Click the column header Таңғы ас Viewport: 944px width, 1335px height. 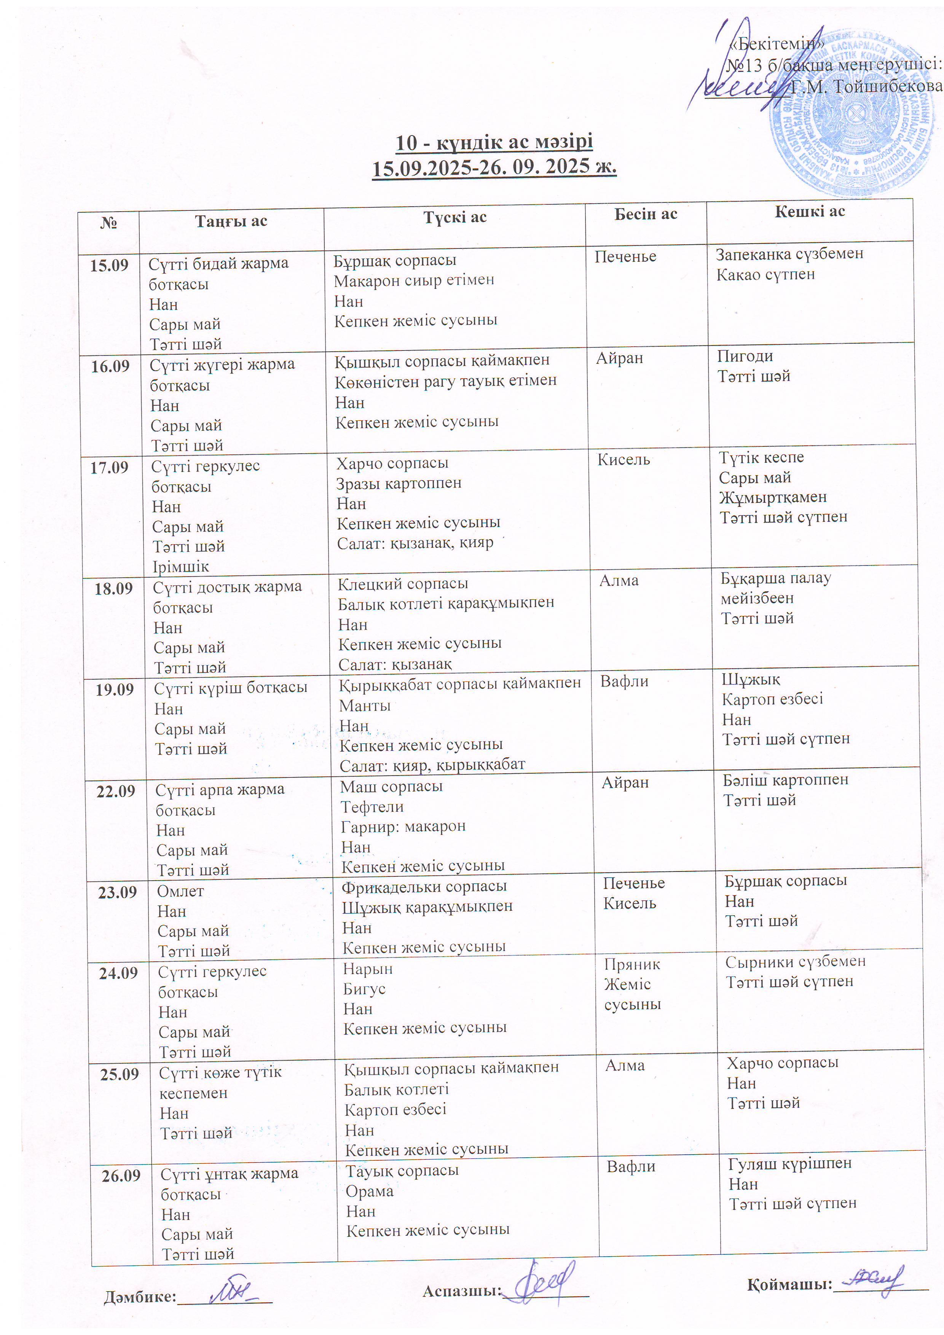(x=231, y=221)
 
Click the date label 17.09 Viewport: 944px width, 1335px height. (x=109, y=467)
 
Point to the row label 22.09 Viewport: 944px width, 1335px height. (x=116, y=791)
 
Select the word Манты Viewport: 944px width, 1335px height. (x=365, y=706)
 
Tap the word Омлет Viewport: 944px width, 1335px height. (x=180, y=891)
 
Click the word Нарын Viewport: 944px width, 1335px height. (x=368, y=969)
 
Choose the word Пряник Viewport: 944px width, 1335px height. (x=631, y=965)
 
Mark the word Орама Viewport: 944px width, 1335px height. (x=369, y=1192)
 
